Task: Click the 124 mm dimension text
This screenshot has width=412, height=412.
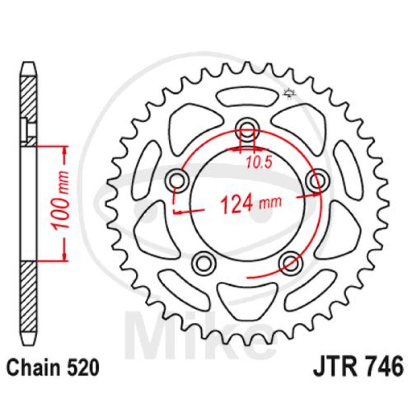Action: coord(251,202)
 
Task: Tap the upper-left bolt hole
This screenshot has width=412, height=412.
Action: coord(178,180)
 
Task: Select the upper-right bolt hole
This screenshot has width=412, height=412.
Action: coord(315,180)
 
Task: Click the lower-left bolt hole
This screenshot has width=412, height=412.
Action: coord(204,261)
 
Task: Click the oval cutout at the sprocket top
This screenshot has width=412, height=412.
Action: coord(246,96)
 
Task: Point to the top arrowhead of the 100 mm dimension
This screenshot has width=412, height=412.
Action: coord(64,149)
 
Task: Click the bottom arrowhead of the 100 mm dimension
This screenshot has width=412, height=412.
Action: coord(64,257)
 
